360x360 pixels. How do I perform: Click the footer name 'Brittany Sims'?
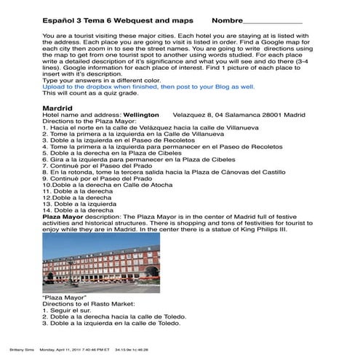coord(15,348)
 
